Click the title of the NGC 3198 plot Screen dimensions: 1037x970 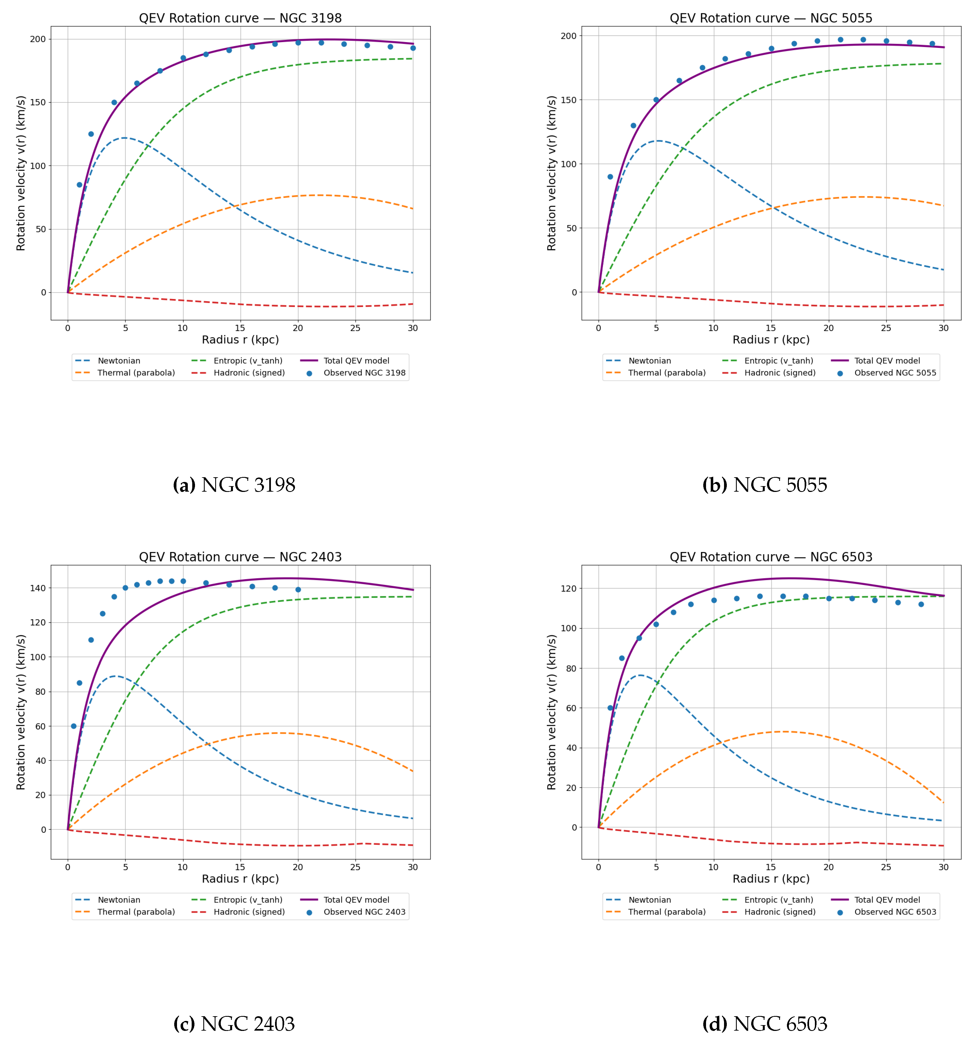click(240, 18)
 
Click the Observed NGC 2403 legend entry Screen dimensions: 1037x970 click(364, 912)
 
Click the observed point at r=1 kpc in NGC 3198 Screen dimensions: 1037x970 click(79, 185)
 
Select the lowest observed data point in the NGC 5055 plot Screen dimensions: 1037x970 click(610, 177)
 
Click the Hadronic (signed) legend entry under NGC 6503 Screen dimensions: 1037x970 click(779, 912)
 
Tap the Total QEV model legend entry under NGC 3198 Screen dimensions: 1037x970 click(356, 360)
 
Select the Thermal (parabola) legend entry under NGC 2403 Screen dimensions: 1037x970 click(136, 912)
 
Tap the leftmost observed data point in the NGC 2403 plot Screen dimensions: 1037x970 click(74, 726)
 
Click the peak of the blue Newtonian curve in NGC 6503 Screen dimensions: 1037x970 click(640, 675)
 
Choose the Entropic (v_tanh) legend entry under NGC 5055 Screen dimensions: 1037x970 click(778, 360)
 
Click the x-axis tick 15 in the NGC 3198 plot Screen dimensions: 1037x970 click(240, 328)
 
